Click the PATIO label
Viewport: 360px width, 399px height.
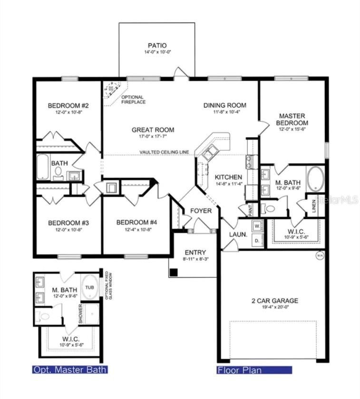coord(156,46)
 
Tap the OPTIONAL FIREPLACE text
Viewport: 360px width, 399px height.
coord(133,100)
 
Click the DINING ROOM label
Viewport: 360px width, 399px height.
coord(224,105)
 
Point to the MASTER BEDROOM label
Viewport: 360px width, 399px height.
coord(292,119)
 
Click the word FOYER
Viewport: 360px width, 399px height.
coord(201,211)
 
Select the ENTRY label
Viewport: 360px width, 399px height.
coord(195,252)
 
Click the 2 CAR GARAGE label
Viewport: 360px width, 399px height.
coord(275,300)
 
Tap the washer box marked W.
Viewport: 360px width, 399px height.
coord(257,226)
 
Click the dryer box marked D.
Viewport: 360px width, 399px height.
coord(257,240)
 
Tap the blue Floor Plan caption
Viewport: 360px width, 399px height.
coord(254,370)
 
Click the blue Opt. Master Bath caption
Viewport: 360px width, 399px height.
coord(69,369)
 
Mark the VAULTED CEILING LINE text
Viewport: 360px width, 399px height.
coord(164,152)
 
